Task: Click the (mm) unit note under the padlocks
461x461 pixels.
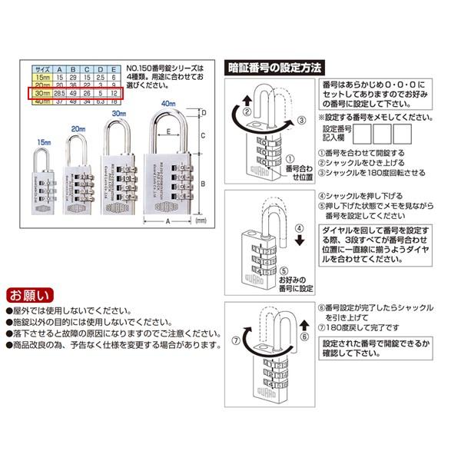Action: coord(202,221)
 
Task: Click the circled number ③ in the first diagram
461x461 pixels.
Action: coord(302,120)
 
